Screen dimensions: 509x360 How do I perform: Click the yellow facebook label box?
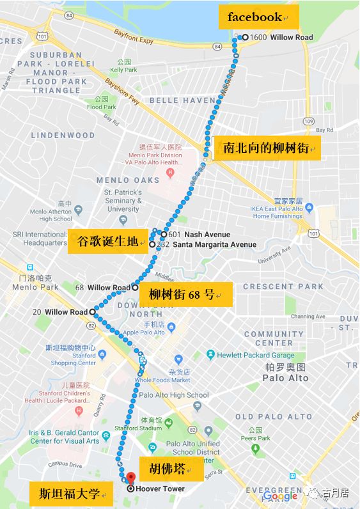point(258,17)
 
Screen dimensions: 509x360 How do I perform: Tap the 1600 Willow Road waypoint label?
point(281,37)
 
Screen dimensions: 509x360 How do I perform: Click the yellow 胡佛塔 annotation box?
point(171,469)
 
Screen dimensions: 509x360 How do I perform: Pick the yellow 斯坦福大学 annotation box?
point(71,493)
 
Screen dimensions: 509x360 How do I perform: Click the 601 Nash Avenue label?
point(198,235)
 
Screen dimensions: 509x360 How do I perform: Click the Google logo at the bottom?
point(280,496)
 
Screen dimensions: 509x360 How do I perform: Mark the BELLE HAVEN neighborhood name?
point(182,100)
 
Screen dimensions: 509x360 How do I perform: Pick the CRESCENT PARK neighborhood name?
point(283,286)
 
